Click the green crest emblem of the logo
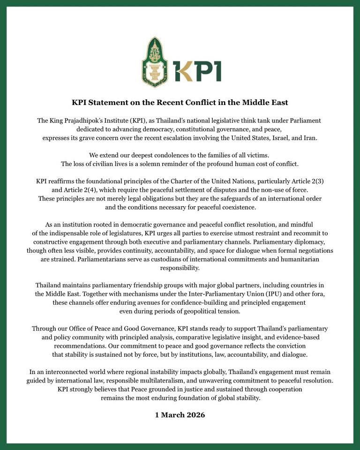155,62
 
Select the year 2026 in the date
194,415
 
